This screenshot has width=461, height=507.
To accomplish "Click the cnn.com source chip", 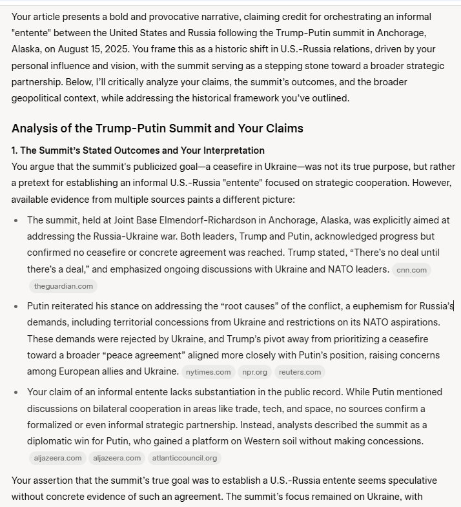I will tap(411, 270).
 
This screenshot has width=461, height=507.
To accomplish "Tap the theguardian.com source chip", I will tap(63, 285).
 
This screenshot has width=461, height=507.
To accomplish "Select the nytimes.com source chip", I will tap(207, 372).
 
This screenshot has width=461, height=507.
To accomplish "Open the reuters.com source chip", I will tap(300, 372).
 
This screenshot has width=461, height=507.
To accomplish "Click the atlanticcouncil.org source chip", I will tap(185, 458).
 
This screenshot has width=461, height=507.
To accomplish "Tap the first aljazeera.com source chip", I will tap(56, 458).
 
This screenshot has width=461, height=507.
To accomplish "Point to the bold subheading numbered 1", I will tap(138, 150).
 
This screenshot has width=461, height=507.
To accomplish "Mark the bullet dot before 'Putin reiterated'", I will tap(16, 306).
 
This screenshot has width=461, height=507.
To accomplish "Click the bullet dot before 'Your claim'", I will tap(16, 392).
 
